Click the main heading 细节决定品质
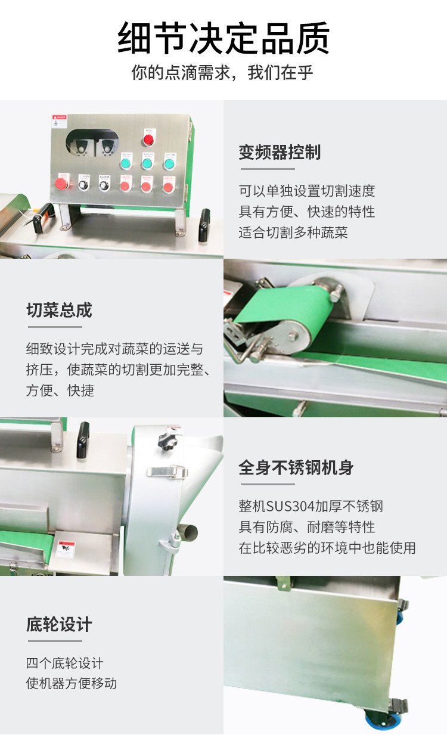click(223, 38)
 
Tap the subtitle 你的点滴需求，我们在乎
click(222, 73)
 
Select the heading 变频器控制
click(280, 152)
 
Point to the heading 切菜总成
click(60, 310)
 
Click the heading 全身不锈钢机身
click(296, 467)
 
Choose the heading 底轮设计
click(60, 624)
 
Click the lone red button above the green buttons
click(148, 139)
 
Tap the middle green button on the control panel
click(147, 163)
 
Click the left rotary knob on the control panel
click(83, 185)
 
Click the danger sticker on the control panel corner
click(60, 121)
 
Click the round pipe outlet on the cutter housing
click(188, 531)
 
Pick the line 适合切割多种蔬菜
click(293, 232)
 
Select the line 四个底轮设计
click(64, 663)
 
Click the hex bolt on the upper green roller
click(335, 297)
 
